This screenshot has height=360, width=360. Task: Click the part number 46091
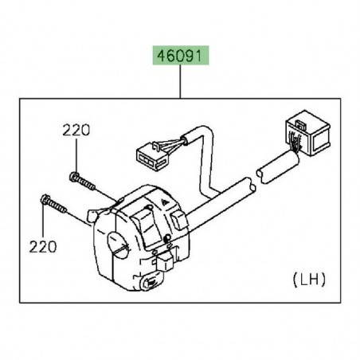coord(180,56)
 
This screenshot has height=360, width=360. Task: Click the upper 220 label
coord(76,131)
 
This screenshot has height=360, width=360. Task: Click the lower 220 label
coord(43,247)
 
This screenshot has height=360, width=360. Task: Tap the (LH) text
coord(309,280)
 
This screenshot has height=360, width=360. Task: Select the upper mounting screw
coord(82,181)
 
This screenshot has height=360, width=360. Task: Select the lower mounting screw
coord(53,204)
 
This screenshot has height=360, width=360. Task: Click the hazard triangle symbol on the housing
coord(164,202)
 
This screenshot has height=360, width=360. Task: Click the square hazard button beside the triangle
coord(179,219)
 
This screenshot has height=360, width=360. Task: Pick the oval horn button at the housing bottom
coord(151,283)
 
